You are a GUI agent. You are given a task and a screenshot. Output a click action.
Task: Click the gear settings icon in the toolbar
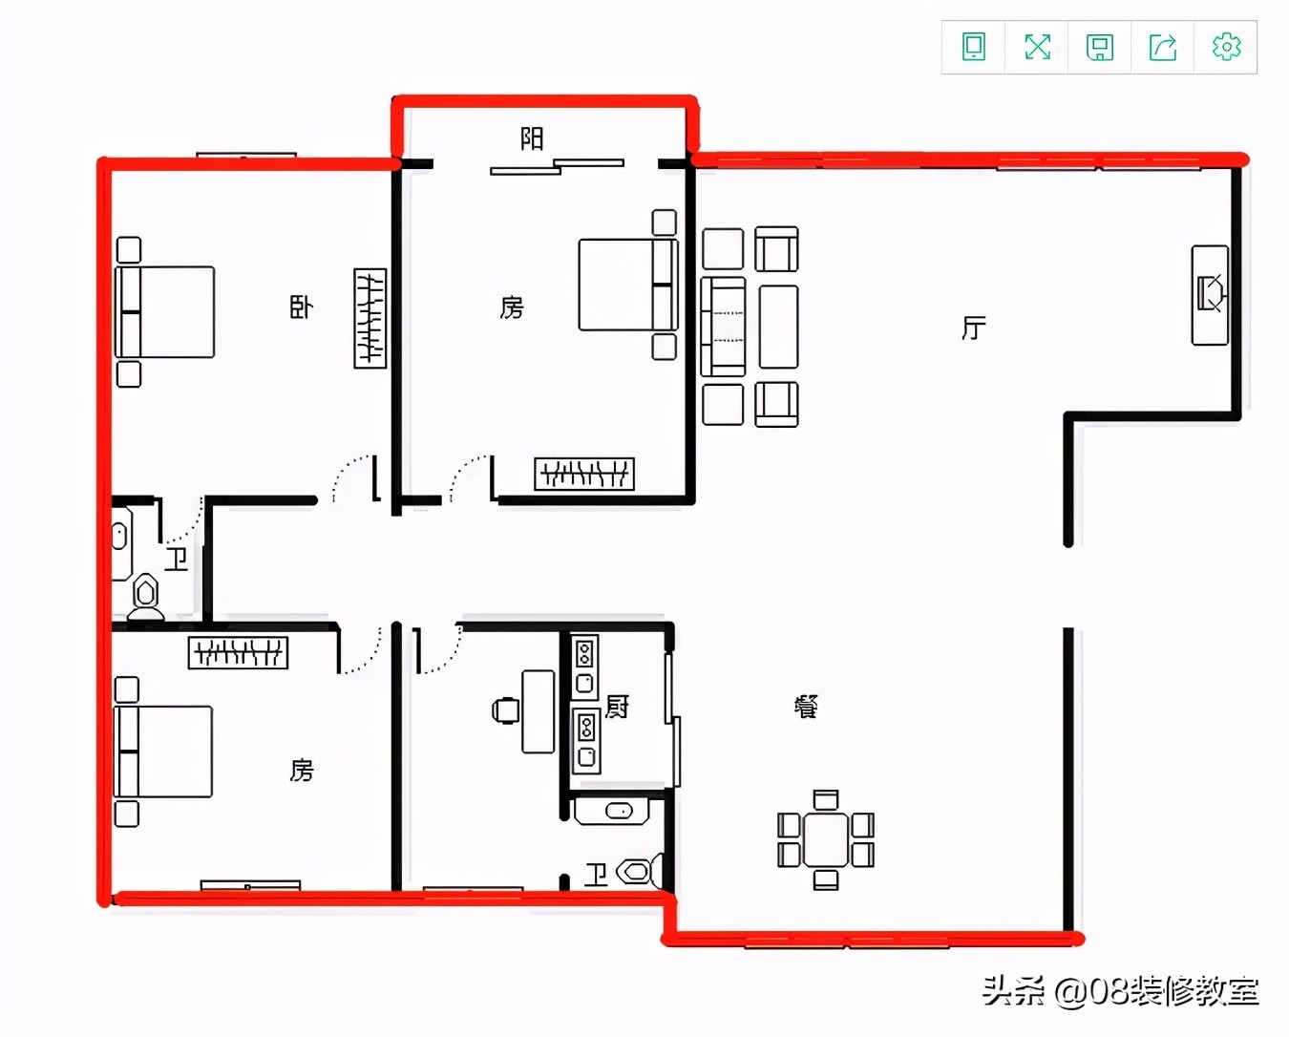click(1226, 47)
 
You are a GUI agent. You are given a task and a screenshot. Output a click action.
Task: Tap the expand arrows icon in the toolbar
click(1038, 47)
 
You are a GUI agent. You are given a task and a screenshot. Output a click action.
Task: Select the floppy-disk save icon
click(1100, 48)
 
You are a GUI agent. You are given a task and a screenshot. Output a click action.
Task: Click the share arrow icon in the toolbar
click(1163, 48)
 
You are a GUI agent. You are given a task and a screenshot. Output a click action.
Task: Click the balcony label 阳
click(532, 139)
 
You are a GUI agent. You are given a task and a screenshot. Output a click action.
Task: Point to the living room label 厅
click(974, 328)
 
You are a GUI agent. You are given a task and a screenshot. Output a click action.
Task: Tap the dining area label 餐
click(806, 707)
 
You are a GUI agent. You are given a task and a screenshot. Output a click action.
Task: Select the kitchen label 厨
click(617, 707)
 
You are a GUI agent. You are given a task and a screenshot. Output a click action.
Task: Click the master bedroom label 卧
click(301, 307)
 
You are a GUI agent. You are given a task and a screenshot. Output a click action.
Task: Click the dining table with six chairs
click(826, 839)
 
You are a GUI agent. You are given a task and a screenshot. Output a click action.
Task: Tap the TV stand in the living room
click(1210, 295)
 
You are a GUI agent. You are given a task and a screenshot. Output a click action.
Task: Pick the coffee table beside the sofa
click(778, 327)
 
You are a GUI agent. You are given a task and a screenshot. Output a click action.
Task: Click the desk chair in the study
click(505, 710)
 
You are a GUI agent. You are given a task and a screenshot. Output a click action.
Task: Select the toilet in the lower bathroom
click(639, 871)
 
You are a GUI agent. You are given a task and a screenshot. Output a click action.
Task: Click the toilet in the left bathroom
click(145, 596)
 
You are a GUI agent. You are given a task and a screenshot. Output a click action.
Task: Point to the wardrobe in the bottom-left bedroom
click(238, 652)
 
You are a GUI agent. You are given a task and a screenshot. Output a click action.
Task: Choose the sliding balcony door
click(557, 166)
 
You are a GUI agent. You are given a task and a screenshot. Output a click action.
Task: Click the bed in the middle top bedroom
click(627, 285)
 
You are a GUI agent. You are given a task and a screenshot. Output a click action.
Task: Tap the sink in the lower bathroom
click(611, 811)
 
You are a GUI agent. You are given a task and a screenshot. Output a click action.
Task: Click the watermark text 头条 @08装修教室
click(1121, 990)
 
